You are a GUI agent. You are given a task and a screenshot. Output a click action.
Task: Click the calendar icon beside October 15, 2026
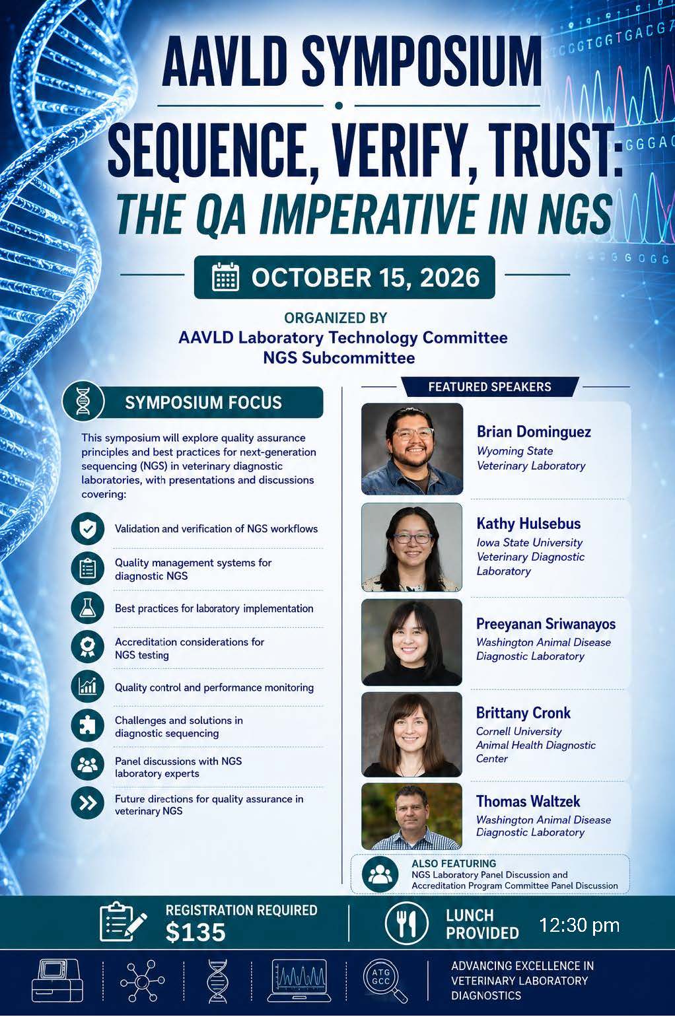tap(225, 277)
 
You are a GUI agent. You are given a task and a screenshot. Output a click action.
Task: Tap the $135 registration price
tap(195, 932)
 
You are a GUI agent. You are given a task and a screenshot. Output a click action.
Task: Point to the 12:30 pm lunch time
tap(579, 925)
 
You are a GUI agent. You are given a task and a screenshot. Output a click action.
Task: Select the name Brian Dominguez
tap(534, 431)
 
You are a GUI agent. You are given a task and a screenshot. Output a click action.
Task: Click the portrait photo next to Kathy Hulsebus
tap(411, 547)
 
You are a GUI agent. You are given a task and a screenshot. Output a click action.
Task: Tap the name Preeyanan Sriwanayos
tap(546, 624)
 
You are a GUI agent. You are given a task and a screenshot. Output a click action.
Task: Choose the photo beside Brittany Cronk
tap(411, 734)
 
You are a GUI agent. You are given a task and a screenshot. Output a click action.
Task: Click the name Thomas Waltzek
tap(528, 801)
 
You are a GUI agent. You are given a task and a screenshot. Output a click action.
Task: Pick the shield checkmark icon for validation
tap(88, 528)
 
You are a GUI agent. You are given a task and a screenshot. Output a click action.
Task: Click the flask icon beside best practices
tap(88, 608)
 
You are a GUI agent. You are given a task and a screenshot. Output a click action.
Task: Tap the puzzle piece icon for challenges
tap(88, 726)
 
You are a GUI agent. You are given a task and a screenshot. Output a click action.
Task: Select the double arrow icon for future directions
tap(88, 803)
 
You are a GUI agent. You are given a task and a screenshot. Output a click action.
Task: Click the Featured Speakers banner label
tap(490, 387)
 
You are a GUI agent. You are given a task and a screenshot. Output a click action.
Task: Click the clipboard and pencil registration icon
tap(123, 922)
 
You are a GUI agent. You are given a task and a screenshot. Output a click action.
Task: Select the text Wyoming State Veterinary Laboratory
tap(531, 458)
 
